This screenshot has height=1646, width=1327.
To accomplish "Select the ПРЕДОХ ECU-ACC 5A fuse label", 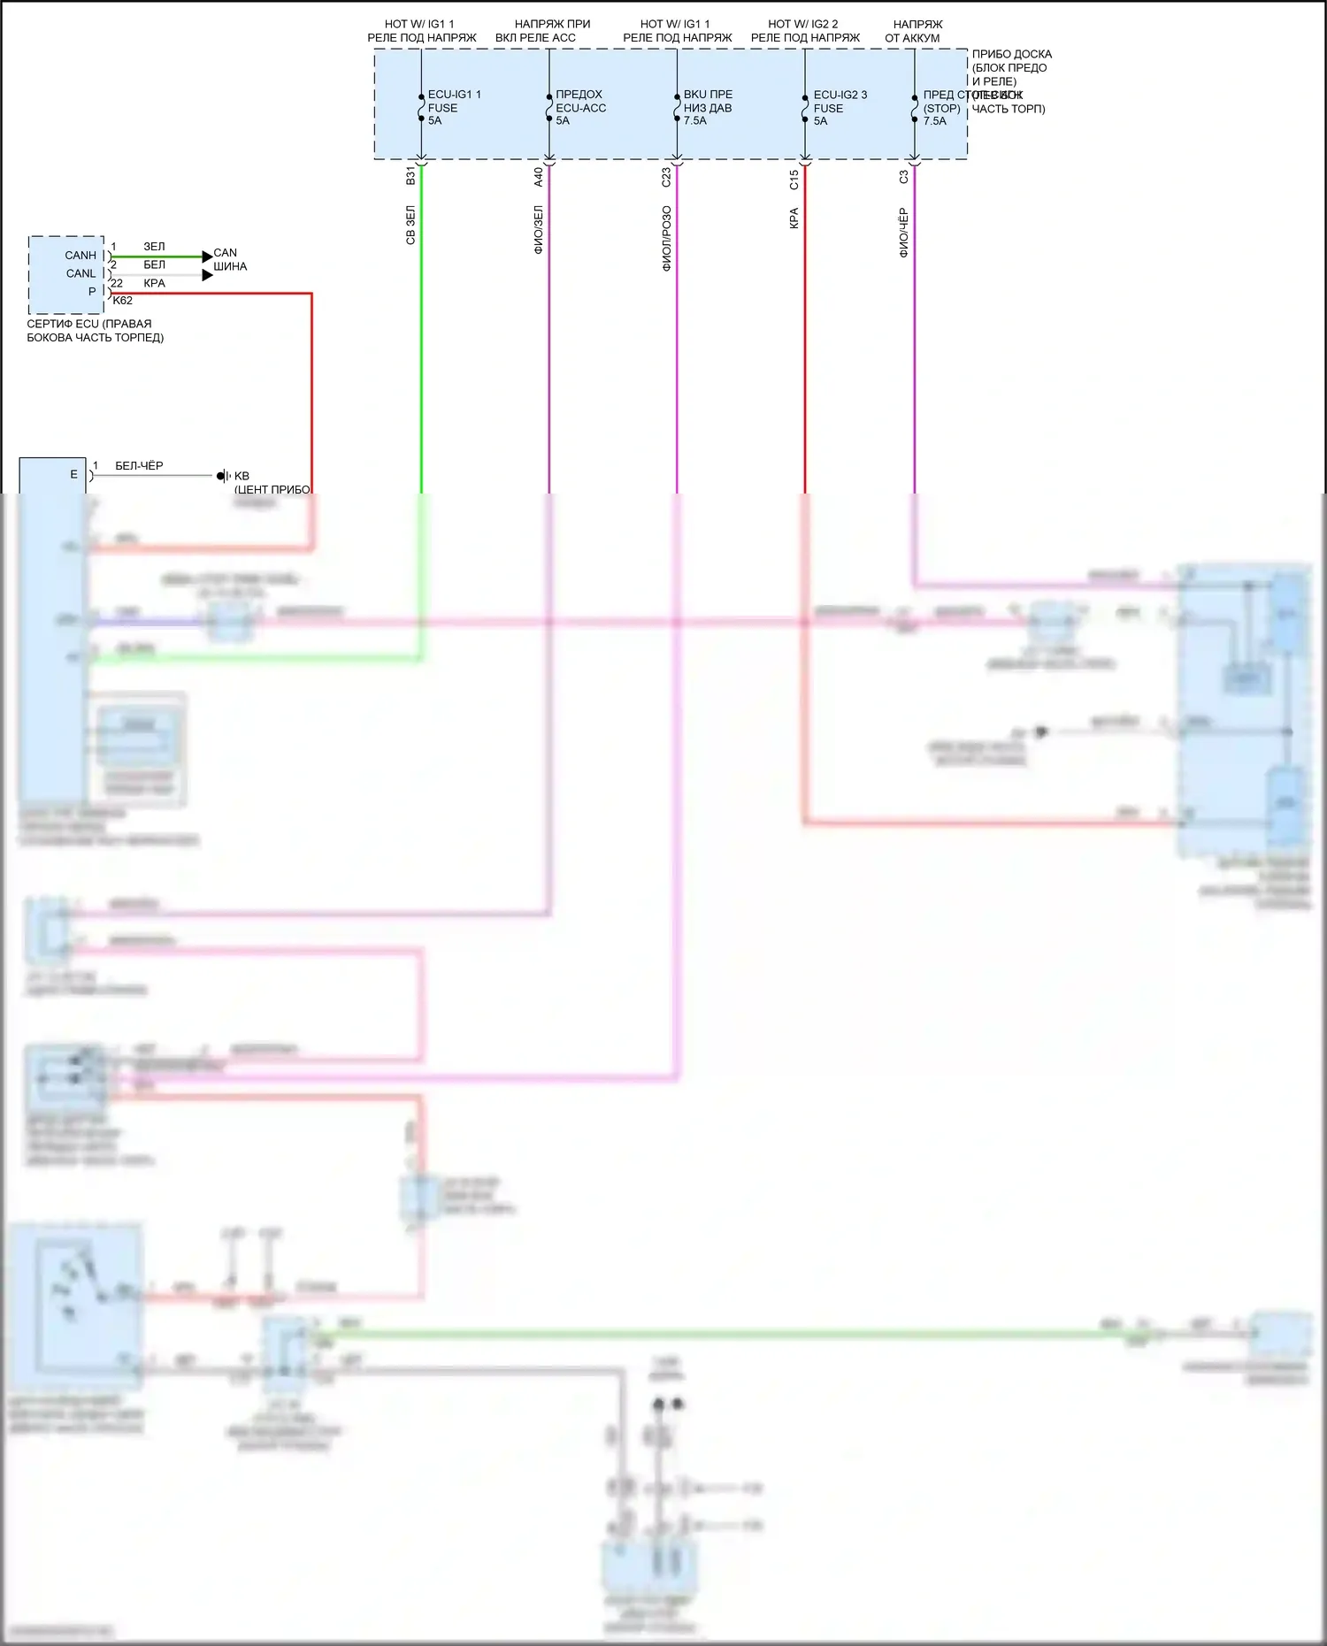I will coord(580,107).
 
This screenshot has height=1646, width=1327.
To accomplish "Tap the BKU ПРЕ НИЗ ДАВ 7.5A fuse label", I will coord(708,107).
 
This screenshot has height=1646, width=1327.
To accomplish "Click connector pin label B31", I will coord(410,176).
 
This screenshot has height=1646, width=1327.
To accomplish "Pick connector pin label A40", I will coord(539,177).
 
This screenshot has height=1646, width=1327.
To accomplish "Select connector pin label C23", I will coord(667,177).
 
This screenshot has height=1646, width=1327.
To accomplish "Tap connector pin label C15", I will coord(794,180).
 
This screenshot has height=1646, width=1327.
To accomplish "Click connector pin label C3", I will coord(904,177).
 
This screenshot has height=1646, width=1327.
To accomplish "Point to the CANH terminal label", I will coord(81,256).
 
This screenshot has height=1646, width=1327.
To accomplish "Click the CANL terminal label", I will coord(81,273).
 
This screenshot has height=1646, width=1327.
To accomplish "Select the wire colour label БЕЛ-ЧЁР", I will coord(139,465).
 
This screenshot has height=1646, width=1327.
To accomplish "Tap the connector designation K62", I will coord(123,301).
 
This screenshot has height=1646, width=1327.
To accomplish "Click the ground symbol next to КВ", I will coord(223,476).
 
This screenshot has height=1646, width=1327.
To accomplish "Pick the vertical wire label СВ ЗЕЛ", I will coord(410,226).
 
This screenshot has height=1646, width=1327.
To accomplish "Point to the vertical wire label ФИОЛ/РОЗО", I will coord(667,238).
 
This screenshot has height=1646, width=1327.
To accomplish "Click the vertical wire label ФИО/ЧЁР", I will coord(904,233).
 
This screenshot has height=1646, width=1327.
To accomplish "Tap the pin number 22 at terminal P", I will coord(117,283).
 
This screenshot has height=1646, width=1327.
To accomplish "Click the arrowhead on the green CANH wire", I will coord(207,256).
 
